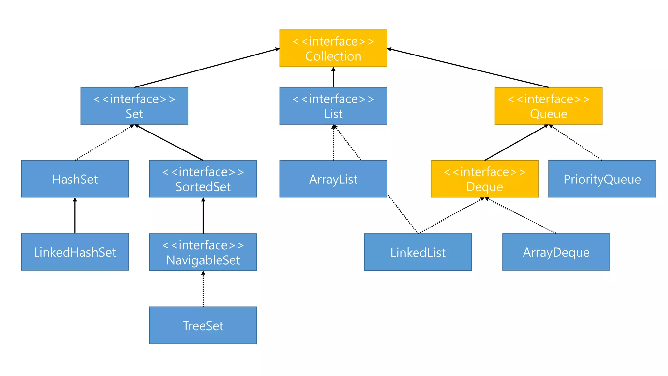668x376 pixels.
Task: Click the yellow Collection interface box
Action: point(333,48)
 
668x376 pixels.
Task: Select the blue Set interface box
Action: point(134,106)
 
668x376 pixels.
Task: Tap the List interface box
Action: point(333,106)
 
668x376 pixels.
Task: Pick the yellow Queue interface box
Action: point(548,106)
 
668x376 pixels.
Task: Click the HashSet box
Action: point(75,179)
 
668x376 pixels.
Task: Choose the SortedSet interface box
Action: point(203,179)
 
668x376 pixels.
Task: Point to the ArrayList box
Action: point(333,179)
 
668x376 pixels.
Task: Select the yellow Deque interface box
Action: point(484,179)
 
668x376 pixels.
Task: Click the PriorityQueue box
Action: point(602,179)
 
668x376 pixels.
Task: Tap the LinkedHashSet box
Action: point(75,252)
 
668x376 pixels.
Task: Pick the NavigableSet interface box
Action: point(203,252)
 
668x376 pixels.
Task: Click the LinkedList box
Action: point(418,252)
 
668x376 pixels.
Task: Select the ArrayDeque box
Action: point(556,252)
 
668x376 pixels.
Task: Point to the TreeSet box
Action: point(203,325)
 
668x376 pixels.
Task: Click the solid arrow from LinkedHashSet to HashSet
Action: point(75,215)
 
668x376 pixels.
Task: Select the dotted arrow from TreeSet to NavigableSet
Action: point(203,289)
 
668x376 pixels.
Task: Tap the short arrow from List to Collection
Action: point(333,77)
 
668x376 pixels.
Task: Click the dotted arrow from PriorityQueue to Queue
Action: point(576,143)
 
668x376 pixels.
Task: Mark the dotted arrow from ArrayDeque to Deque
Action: point(522,216)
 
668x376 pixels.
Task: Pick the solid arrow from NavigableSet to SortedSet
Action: point(203,215)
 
